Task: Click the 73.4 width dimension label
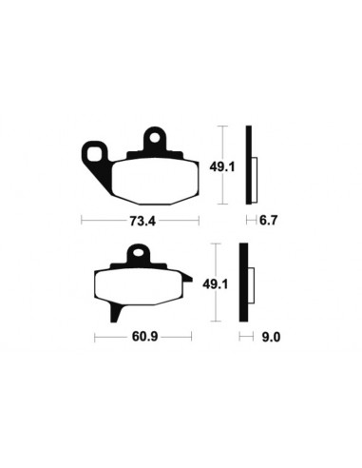point(143,221)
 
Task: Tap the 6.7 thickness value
point(268,220)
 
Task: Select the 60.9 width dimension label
point(144,337)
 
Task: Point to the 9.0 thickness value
point(271,337)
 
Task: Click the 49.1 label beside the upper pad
point(222,166)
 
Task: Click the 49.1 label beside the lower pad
point(216,284)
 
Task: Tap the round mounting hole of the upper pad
point(155,138)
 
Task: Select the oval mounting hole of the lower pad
point(138,253)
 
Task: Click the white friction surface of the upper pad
point(156,182)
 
